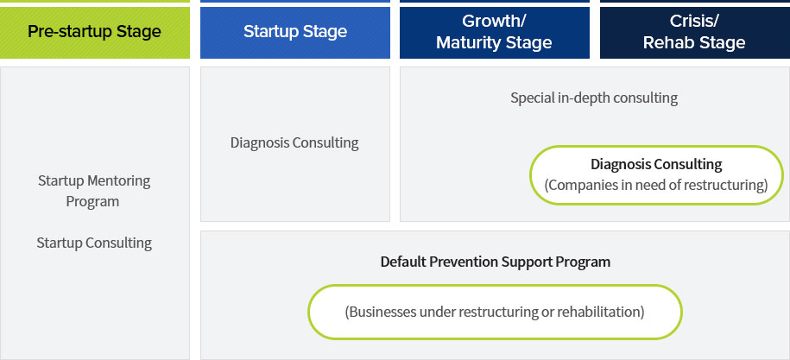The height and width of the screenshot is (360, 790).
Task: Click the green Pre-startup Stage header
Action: pos(95,32)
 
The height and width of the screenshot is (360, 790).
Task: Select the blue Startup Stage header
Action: pos(295,32)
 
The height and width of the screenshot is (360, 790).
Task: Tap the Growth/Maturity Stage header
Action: pos(494,32)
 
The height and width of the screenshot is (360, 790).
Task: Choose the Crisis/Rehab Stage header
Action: pos(695,32)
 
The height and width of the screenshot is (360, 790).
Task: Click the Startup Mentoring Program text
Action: pos(94,191)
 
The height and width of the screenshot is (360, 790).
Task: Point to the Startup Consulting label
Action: pos(94,243)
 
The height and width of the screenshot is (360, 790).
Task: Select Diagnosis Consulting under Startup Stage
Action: pos(294,143)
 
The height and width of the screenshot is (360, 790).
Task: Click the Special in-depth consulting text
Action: pos(594,98)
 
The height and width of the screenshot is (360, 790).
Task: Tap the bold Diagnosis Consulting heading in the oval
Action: pos(656,164)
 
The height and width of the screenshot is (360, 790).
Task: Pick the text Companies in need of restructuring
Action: pos(656,185)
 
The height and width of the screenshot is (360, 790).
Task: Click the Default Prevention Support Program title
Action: pos(496,262)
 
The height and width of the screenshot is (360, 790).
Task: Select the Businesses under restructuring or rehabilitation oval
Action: pos(495,312)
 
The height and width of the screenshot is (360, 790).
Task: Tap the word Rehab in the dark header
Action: pos(666,43)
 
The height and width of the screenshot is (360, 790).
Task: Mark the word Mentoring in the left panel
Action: pos(119,180)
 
